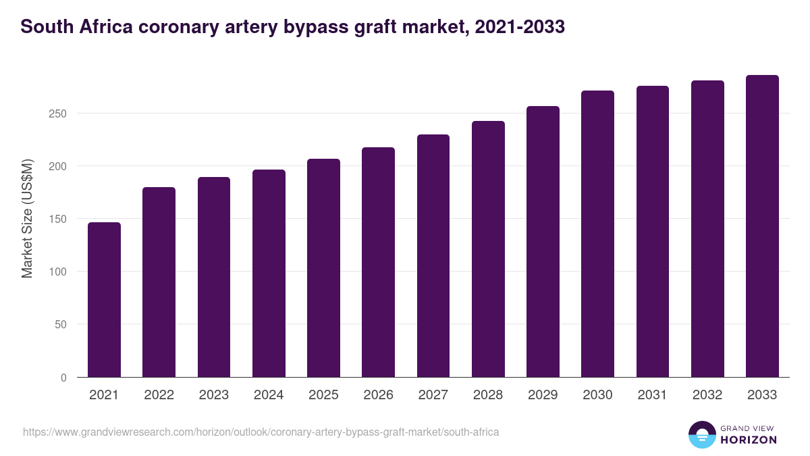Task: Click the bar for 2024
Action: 269,273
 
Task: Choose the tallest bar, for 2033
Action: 762,226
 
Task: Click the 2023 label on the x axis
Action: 213,395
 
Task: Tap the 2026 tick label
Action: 378,395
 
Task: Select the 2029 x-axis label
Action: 543,395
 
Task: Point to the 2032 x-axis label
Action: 707,395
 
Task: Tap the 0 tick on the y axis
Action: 63,378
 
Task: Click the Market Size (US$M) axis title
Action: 27,218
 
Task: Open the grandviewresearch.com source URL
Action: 261,432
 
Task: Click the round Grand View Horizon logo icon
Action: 702,434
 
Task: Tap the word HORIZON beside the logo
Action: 749,440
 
